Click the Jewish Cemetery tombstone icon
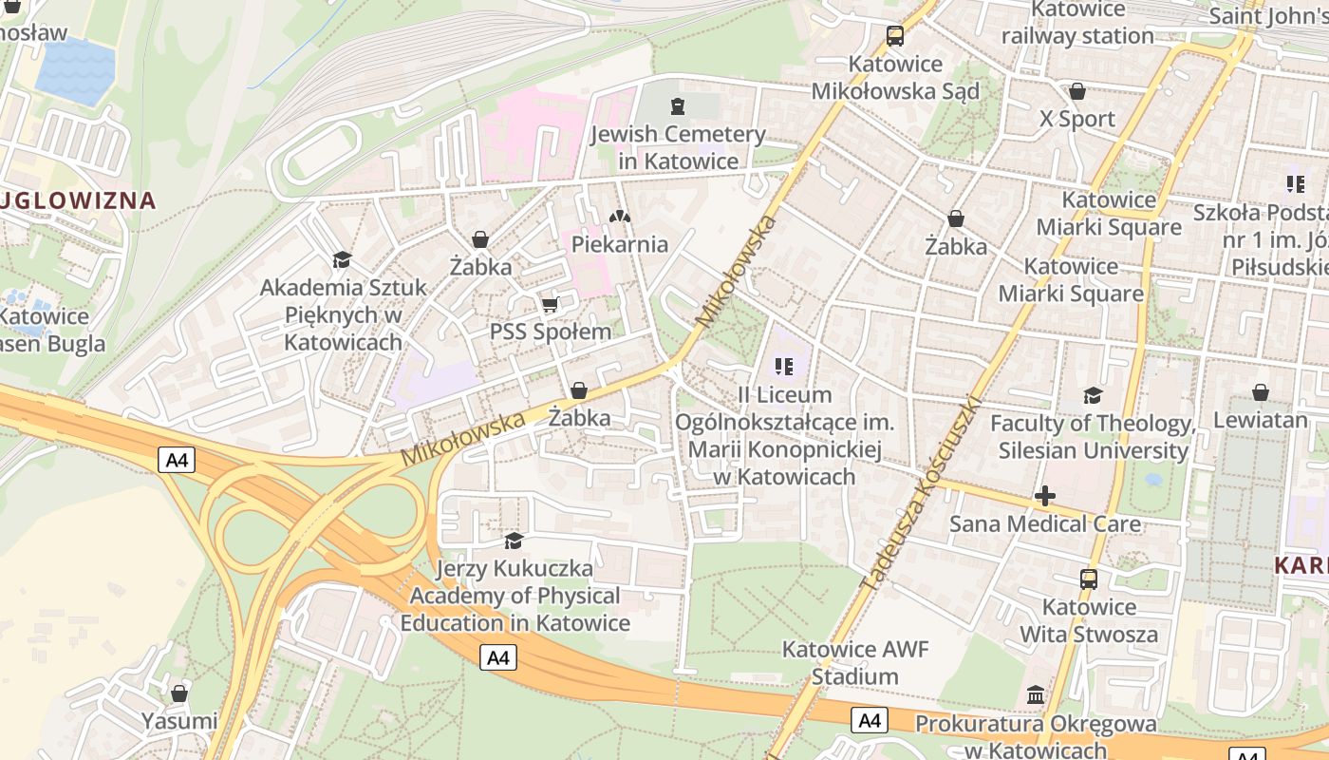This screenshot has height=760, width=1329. coord(677,105)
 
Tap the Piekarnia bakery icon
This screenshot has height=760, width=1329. coord(620,217)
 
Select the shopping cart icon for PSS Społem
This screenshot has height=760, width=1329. coord(550,305)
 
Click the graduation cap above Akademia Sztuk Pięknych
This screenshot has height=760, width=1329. coord(342,259)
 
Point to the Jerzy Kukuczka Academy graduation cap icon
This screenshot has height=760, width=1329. coord(514,541)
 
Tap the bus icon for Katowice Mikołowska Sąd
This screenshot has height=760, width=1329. coord(894,36)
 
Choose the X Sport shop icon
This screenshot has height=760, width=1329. coord(1076,91)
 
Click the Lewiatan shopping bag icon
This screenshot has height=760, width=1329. coord(1260,391)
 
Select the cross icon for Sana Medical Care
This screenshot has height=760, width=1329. coord(1044,496)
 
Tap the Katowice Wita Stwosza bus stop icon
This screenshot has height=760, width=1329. coord(1088,579)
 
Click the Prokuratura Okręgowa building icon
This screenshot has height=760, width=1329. coord(1036,695)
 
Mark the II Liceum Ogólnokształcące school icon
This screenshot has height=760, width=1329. coord(783,366)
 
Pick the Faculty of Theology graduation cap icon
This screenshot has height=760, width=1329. coord(1093,395)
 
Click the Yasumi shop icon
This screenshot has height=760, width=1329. coord(179,693)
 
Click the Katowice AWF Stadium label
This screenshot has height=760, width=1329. coord(854,663)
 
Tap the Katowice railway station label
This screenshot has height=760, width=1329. coord(1077,23)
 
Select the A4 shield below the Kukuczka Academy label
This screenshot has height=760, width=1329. coord(498,657)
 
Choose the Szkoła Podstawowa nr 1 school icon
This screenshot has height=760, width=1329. coord(1295,183)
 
